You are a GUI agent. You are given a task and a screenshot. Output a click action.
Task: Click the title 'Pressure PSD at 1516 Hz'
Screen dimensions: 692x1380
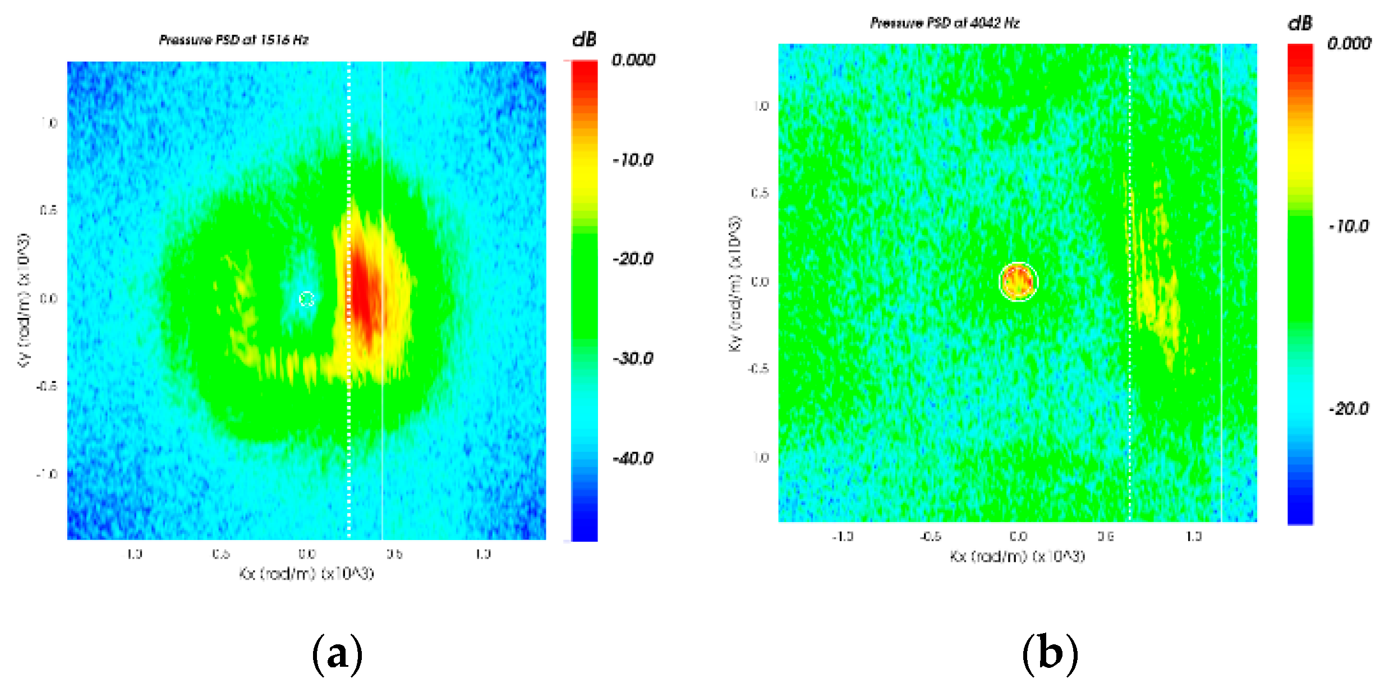pyautogui.click(x=233, y=40)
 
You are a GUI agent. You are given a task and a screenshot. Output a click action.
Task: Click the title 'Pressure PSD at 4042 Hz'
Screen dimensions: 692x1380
pyautogui.click(x=945, y=23)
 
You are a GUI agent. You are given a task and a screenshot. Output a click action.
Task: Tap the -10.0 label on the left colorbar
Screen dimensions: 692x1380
pyautogui.click(x=633, y=160)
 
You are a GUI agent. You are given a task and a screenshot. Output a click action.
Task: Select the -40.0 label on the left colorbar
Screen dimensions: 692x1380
pyautogui.click(x=633, y=459)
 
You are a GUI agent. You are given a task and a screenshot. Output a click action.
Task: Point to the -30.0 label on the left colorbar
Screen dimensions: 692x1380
pyautogui.click(x=633, y=359)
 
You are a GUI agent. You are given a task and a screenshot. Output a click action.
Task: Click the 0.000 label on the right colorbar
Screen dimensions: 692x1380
pyautogui.click(x=1349, y=44)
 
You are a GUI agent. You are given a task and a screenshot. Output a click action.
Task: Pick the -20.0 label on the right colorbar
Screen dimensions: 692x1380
pyautogui.click(x=1349, y=409)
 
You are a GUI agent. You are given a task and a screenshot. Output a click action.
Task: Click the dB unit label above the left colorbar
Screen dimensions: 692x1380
pyautogui.click(x=584, y=40)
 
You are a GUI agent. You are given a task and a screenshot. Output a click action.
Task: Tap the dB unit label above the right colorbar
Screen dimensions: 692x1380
pyautogui.click(x=1300, y=23)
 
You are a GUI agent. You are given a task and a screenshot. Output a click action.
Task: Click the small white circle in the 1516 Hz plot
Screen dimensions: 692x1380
pyautogui.click(x=306, y=299)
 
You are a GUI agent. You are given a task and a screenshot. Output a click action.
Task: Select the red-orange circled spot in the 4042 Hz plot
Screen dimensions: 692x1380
pyautogui.click(x=1018, y=282)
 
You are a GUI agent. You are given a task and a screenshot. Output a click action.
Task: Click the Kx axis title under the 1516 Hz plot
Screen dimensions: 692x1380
pyautogui.click(x=306, y=574)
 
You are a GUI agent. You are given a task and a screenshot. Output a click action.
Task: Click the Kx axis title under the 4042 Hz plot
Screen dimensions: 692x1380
pyautogui.click(x=1017, y=556)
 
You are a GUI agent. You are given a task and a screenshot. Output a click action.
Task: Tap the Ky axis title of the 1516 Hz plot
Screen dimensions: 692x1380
pyautogui.click(x=24, y=301)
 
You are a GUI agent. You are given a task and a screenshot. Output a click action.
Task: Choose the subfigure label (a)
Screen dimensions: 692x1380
pyautogui.click(x=337, y=654)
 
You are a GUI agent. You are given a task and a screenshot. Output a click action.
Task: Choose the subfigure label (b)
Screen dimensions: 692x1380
pyautogui.click(x=1050, y=654)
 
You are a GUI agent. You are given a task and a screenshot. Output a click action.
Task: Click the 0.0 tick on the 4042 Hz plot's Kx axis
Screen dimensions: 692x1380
pyautogui.click(x=1018, y=537)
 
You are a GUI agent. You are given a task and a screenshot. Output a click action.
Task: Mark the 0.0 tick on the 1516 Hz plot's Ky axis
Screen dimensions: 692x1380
pyautogui.click(x=49, y=299)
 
